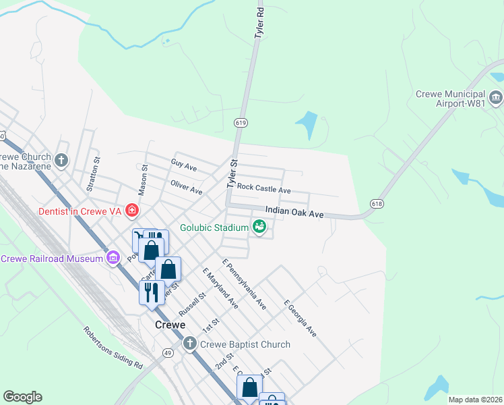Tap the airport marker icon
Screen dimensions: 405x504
[x=496, y=99]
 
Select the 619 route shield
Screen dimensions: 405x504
[x=240, y=122]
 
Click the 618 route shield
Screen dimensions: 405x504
[x=376, y=203]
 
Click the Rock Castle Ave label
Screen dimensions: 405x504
[x=263, y=190]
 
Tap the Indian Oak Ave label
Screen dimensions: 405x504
[x=294, y=212]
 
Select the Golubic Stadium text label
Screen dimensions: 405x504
[x=214, y=227]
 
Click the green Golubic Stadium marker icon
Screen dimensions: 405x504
[x=259, y=227]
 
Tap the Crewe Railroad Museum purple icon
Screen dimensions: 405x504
[x=113, y=259]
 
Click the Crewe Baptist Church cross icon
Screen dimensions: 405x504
[x=189, y=344]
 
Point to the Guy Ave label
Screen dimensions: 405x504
[x=183, y=164]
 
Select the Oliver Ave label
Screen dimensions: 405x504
[x=187, y=187]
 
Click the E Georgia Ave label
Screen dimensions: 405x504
[x=300, y=318]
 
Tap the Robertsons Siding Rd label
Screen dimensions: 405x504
[x=113, y=348]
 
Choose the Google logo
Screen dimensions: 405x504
[x=22, y=397]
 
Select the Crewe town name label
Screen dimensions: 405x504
[x=170, y=325]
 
